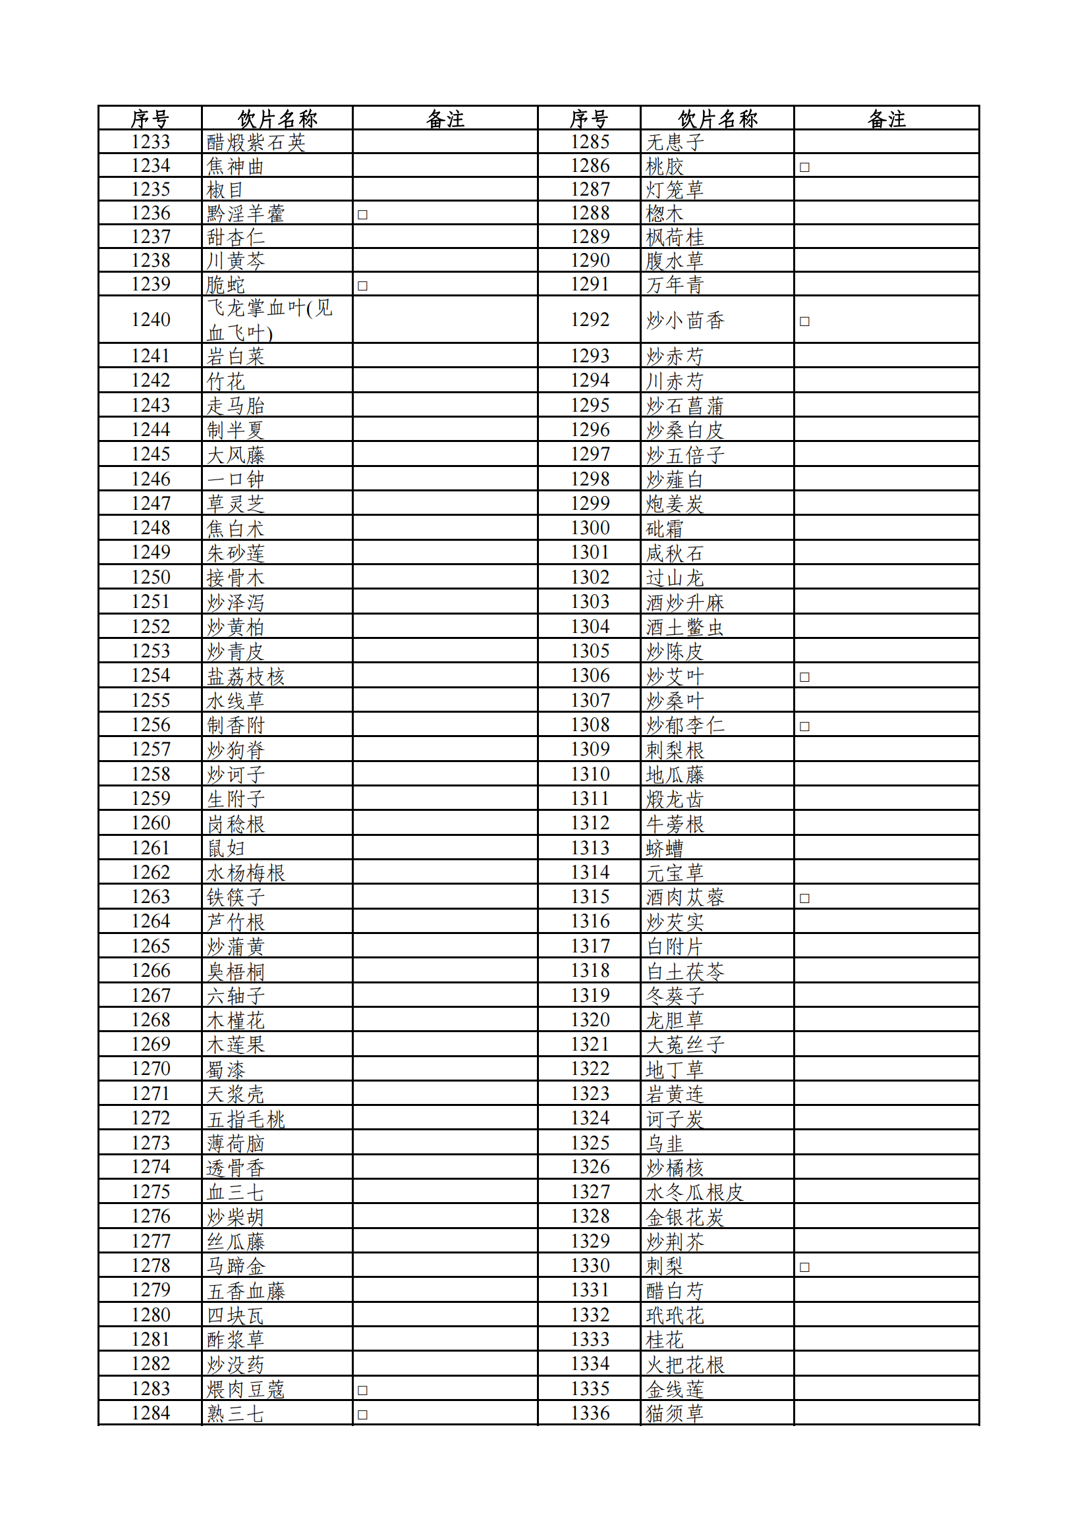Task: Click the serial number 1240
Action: pos(150,319)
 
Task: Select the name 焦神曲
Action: pos(235,167)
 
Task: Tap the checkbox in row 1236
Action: pos(362,215)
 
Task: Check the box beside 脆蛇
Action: pos(362,286)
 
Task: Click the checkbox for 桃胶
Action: pos(804,167)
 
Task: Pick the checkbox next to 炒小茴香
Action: pos(804,321)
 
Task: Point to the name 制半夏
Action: pos(235,430)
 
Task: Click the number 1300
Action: pos(590,528)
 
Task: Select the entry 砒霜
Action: pos(663,529)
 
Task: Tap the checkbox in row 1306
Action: pos(804,676)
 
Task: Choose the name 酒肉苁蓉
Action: pos(684,897)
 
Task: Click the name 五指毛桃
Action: pos(246,1119)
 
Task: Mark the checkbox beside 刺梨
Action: pos(804,1267)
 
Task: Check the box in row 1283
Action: pos(362,1390)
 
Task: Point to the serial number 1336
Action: pos(590,1414)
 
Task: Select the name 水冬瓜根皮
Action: pos(694,1193)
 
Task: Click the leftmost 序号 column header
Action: pos(150,119)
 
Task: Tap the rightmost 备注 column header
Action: pos(886,119)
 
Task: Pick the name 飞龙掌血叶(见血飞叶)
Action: pos(269,320)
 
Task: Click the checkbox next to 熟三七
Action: pos(362,1415)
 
